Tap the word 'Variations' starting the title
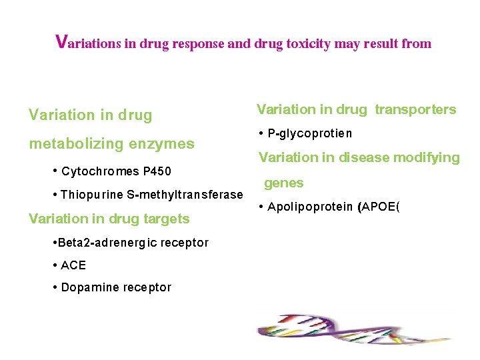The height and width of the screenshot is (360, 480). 88,43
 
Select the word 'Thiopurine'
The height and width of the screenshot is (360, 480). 88,195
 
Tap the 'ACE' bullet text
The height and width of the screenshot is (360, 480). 73,265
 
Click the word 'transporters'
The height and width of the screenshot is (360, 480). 415,109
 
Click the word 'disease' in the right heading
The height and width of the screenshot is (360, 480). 373,157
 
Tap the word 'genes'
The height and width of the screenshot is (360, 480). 283,183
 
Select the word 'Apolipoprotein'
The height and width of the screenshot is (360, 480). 311,207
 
